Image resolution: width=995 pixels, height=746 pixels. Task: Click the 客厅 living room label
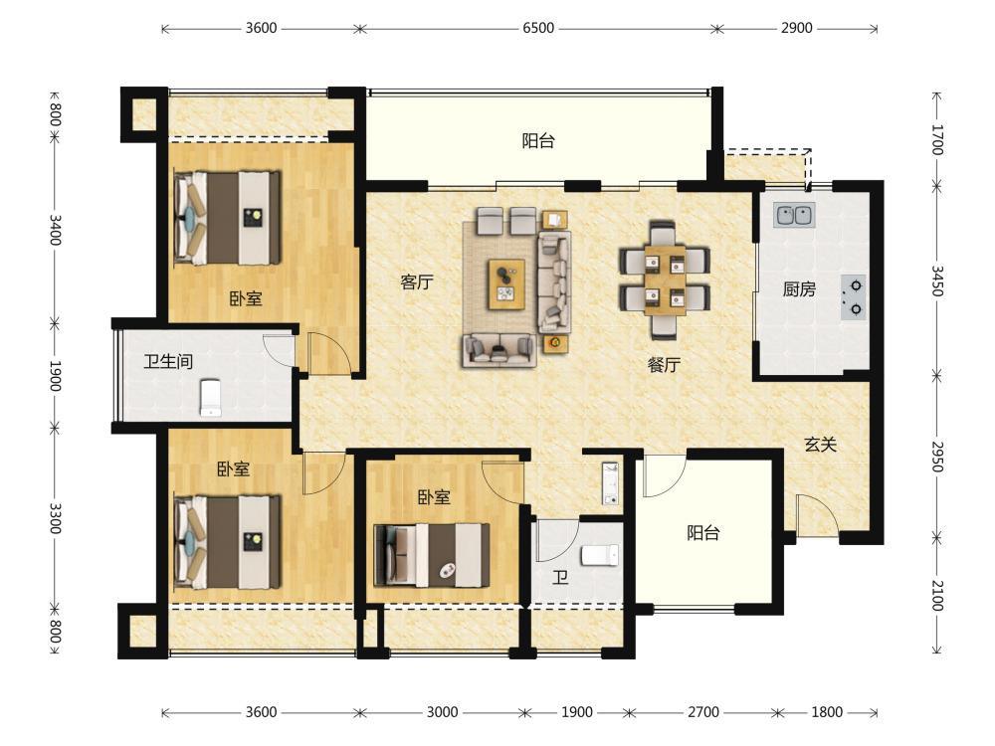pyautogui.click(x=417, y=281)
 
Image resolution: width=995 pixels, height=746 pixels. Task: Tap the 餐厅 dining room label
pyautogui.click(x=664, y=365)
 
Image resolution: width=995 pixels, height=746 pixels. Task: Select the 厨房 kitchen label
pyautogui.click(x=799, y=289)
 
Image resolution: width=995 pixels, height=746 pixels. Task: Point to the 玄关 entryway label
pyautogui.click(x=820, y=444)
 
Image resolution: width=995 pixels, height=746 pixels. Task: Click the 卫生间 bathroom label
pyautogui.click(x=168, y=362)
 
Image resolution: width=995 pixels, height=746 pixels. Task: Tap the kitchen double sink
pyautogui.click(x=794, y=215)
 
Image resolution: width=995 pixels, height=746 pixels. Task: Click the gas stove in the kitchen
pyautogui.click(x=854, y=296)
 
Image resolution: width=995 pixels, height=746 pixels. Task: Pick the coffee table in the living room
pyautogui.click(x=506, y=284)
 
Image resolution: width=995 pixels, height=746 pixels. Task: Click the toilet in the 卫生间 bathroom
pyautogui.click(x=211, y=398)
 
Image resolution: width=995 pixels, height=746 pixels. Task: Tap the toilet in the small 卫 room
pyautogui.click(x=600, y=555)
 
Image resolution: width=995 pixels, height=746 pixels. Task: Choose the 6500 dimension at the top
pyautogui.click(x=538, y=28)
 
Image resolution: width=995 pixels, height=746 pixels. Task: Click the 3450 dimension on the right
pyautogui.click(x=936, y=281)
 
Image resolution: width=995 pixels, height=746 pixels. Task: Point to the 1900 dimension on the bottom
pyautogui.click(x=577, y=712)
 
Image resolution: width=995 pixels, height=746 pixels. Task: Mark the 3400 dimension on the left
pyautogui.click(x=55, y=230)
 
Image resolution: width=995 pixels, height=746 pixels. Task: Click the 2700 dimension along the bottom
pyautogui.click(x=703, y=712)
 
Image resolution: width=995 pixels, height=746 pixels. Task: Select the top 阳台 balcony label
pyautogui.click(x=538, y=140)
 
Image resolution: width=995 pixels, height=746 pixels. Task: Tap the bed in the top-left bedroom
pyautogui.click(x=228, y=218)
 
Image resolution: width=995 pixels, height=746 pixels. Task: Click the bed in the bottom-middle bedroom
pyautogui.click(x=432, y=555)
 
